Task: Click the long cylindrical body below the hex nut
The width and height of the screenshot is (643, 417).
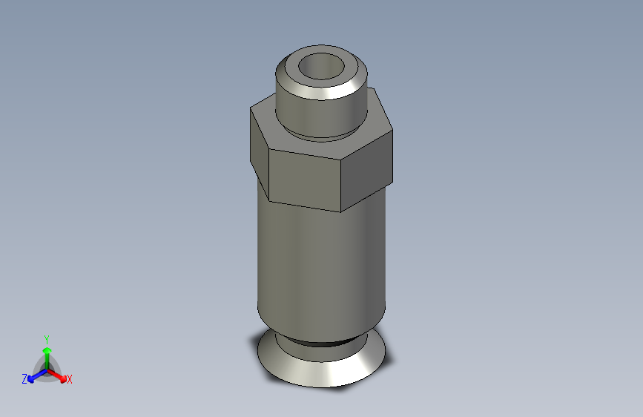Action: (319, 267)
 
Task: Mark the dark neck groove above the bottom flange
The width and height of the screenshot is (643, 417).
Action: (319, 342)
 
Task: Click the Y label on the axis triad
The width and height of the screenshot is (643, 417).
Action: (46, 337)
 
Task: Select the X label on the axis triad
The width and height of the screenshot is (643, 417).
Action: (70, 380)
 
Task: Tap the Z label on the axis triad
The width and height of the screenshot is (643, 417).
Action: (24, 379)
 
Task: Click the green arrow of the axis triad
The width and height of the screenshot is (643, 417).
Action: (47, 352)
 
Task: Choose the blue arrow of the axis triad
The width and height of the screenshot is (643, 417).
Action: (34, 375)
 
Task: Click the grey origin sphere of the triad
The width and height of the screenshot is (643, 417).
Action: (47, 368)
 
